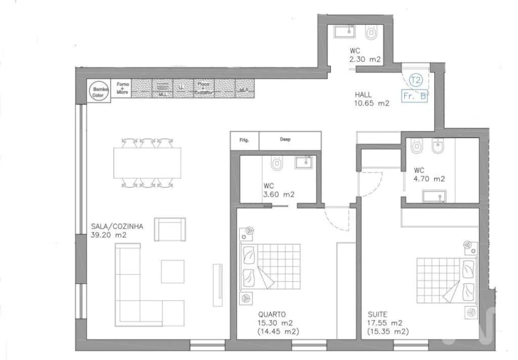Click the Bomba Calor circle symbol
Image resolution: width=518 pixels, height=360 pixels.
click(x=97, y=91)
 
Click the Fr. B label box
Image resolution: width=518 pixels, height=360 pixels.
click(x=415, y=95)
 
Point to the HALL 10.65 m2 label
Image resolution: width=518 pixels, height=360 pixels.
click(x=371, y=99)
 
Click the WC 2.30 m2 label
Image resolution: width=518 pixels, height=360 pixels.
click(x=366, y=55)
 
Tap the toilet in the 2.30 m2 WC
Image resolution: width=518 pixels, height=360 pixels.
click(x=371, y=33)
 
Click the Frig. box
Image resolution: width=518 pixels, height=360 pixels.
click(x=243, y=141)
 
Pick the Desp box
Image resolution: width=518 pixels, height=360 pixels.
click(x=284, y=140)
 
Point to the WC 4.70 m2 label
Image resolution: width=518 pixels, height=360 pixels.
click(x=429, y=174)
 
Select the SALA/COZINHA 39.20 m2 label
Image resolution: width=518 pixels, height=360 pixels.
click(x=117, y=231)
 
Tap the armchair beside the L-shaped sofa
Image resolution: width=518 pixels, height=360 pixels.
click(x=170, y=230)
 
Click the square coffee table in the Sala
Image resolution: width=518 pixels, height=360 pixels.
click(x=173, y=271)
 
